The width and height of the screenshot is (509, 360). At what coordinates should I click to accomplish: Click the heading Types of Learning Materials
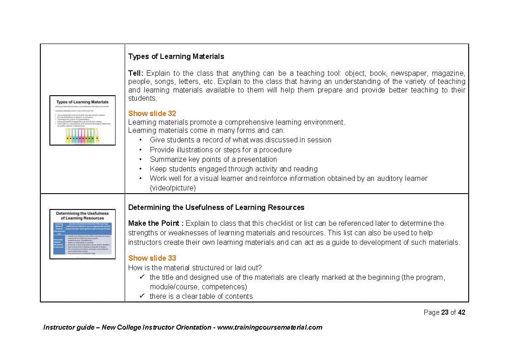176,57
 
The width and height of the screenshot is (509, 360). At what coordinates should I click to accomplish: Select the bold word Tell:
136,73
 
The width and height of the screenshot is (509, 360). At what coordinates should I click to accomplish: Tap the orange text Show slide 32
152,113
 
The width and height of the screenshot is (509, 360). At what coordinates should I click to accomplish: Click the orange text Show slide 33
152,258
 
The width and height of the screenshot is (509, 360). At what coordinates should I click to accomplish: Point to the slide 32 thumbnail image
82,120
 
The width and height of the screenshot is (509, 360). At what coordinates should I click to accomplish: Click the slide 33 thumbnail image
82,234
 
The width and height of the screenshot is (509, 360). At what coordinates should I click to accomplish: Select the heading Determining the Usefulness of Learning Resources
216,207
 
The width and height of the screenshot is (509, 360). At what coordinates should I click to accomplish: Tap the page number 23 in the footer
445,312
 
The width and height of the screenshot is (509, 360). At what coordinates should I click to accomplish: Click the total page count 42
461,312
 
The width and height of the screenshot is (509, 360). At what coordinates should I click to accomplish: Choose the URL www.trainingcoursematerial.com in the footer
270,327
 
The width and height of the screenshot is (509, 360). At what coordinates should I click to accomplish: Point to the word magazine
448,73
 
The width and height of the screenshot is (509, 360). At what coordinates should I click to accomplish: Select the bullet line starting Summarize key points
213,159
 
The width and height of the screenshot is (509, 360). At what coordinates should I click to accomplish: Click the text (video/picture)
173,188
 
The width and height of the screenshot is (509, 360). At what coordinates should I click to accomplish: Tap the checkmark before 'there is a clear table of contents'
142,296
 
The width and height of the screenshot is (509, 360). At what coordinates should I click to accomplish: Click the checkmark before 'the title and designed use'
142,277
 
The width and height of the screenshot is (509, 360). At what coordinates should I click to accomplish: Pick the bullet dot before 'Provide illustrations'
141,150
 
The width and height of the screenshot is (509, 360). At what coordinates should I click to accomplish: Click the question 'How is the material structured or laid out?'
195,268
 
